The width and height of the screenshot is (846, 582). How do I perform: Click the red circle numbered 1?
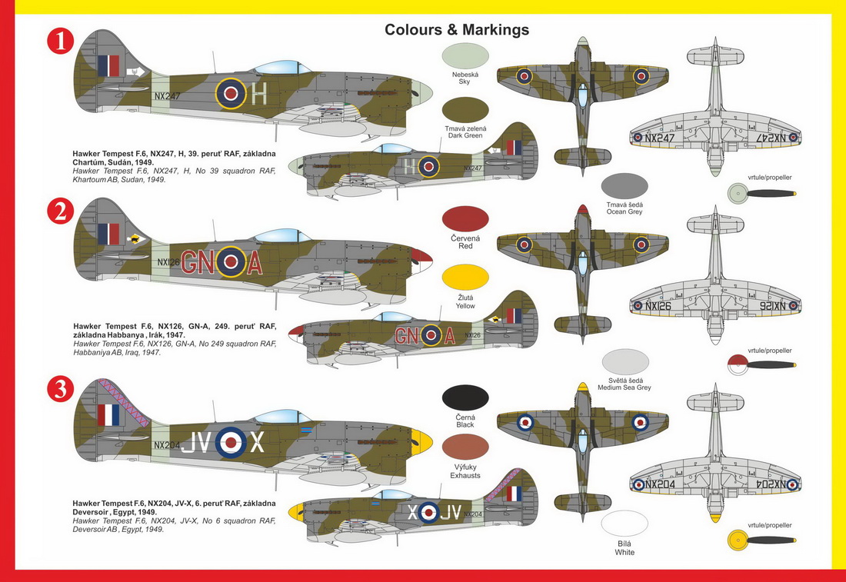point(61,42)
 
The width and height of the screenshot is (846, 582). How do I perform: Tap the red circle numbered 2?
point(61,211)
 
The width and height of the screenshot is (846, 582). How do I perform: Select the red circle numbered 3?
point(61,389)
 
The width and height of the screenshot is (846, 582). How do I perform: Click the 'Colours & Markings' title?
point(456,30)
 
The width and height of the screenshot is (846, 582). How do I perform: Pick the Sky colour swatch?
point(465,56)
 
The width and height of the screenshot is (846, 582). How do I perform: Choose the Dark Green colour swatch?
point(465,110)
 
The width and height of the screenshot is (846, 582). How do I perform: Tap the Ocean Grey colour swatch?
point(625,186)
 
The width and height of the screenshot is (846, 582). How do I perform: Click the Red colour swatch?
point(465,219)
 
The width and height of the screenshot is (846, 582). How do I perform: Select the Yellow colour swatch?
point(465,278)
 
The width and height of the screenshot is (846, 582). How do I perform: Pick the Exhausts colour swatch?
point(465,447)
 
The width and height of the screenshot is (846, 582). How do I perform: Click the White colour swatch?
point(625,524)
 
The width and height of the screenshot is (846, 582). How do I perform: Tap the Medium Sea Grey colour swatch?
point(625,362)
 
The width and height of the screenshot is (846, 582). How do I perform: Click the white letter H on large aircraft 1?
point(259,94)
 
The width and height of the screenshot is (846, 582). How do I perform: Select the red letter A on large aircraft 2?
point(254,263)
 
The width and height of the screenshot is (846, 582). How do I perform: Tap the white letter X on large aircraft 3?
point(257,442)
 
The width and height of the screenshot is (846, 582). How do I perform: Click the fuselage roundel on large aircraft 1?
point(231,93)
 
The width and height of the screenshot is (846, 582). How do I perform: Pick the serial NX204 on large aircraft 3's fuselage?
point(167,446)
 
